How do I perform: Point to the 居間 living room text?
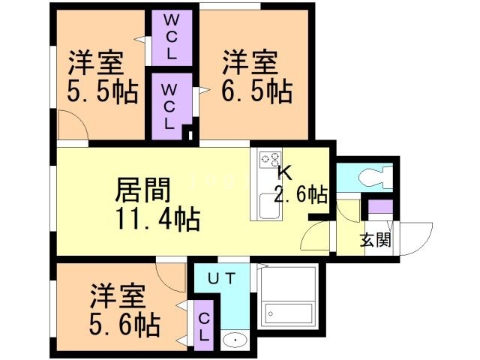(142, 190)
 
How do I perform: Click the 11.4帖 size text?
(157, 220)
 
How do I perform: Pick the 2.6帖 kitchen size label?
(300, 196)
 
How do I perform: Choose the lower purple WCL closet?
(169, 106)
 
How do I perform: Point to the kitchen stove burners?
(269, 160)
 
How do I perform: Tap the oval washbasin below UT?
(235, 340)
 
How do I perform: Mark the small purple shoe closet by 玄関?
(379, 208)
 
